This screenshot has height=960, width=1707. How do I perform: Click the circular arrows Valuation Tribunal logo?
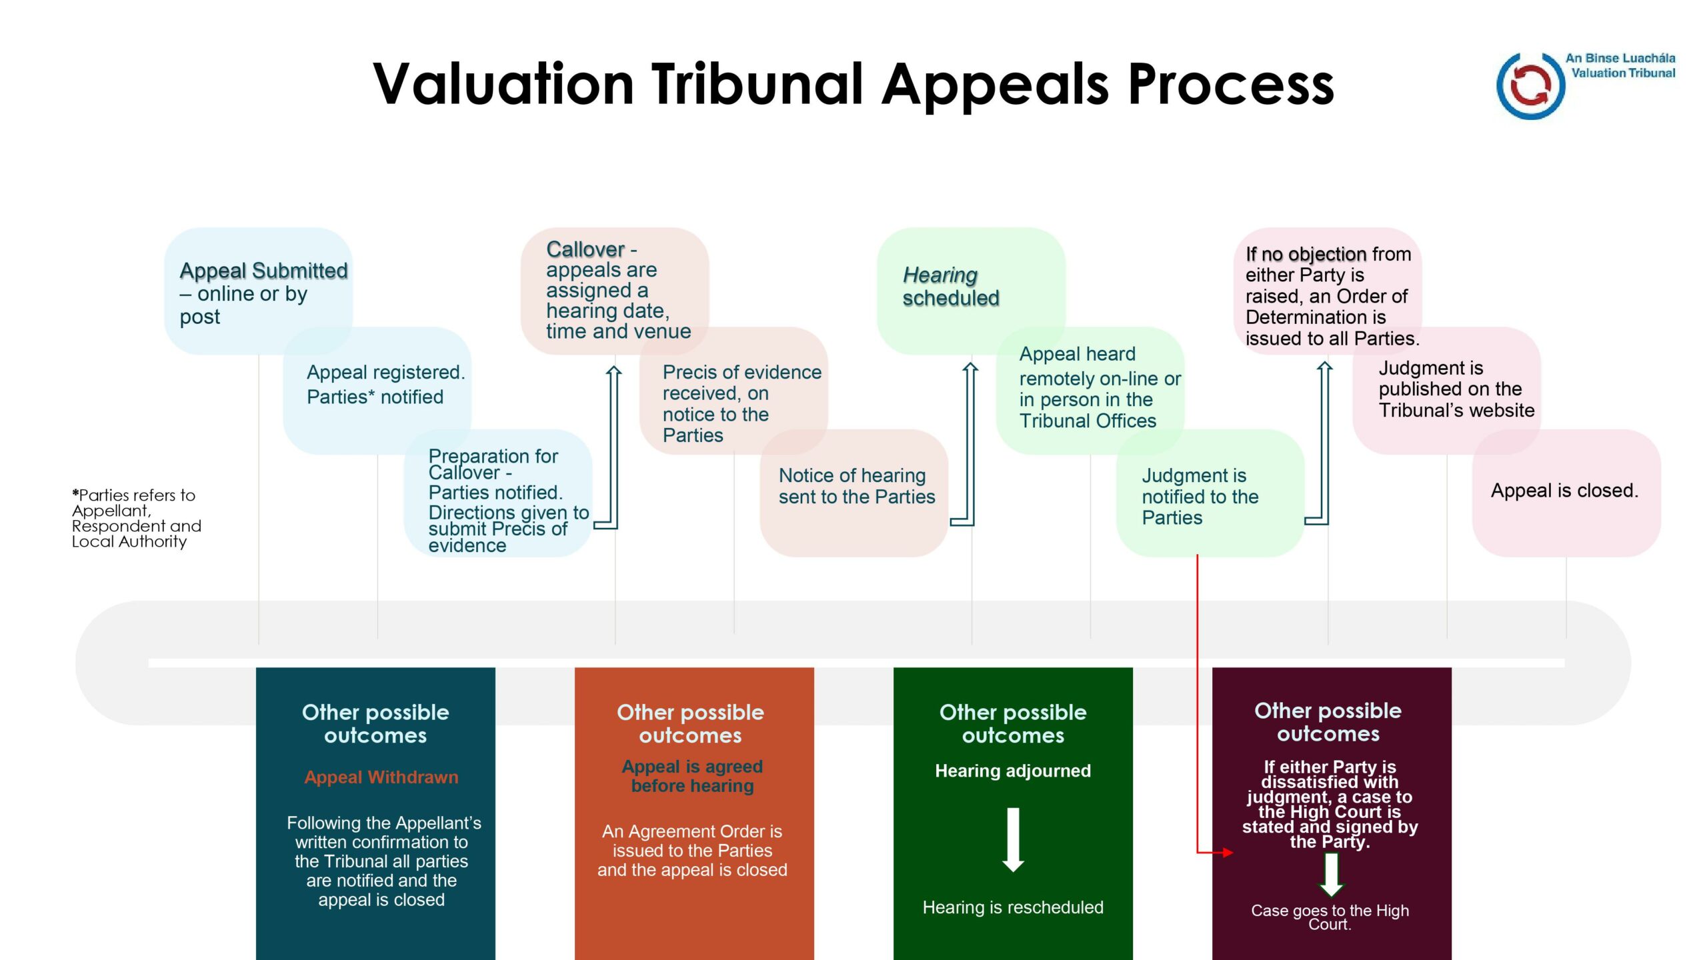[x=1531, y=85]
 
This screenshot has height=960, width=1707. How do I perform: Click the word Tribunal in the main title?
[x=758, y=84]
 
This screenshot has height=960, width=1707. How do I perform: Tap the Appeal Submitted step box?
[x=258, y=291]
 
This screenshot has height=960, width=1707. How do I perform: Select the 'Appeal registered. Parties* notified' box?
[x=377, y=391]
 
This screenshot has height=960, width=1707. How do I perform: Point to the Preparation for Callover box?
[x=497, y=493]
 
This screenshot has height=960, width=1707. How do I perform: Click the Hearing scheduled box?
[x=971, y=291]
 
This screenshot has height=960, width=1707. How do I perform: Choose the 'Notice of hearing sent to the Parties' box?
[x=853, y=493]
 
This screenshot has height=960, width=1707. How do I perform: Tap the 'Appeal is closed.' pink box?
[x=1566, y=493]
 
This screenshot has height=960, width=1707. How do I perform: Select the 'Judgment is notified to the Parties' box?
[x=1210, y=493]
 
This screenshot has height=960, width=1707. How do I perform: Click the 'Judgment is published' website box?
[x=1447, y=391]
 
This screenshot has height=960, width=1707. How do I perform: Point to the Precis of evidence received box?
[x=733, y=391]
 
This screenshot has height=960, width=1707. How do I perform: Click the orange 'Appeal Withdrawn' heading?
[x=381, y=777]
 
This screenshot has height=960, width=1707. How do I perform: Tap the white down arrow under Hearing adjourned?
[x=1013, y=839]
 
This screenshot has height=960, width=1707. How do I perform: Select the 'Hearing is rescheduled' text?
[x=1013, y=907]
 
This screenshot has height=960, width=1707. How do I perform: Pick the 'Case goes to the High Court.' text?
[x=1330, y=917]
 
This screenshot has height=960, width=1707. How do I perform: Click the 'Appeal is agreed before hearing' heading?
[x=692, y=776]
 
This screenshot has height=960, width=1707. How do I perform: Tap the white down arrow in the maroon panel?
[x=1332, y=875]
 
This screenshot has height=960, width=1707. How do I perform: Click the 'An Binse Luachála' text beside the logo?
[x=1620, y=59]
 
